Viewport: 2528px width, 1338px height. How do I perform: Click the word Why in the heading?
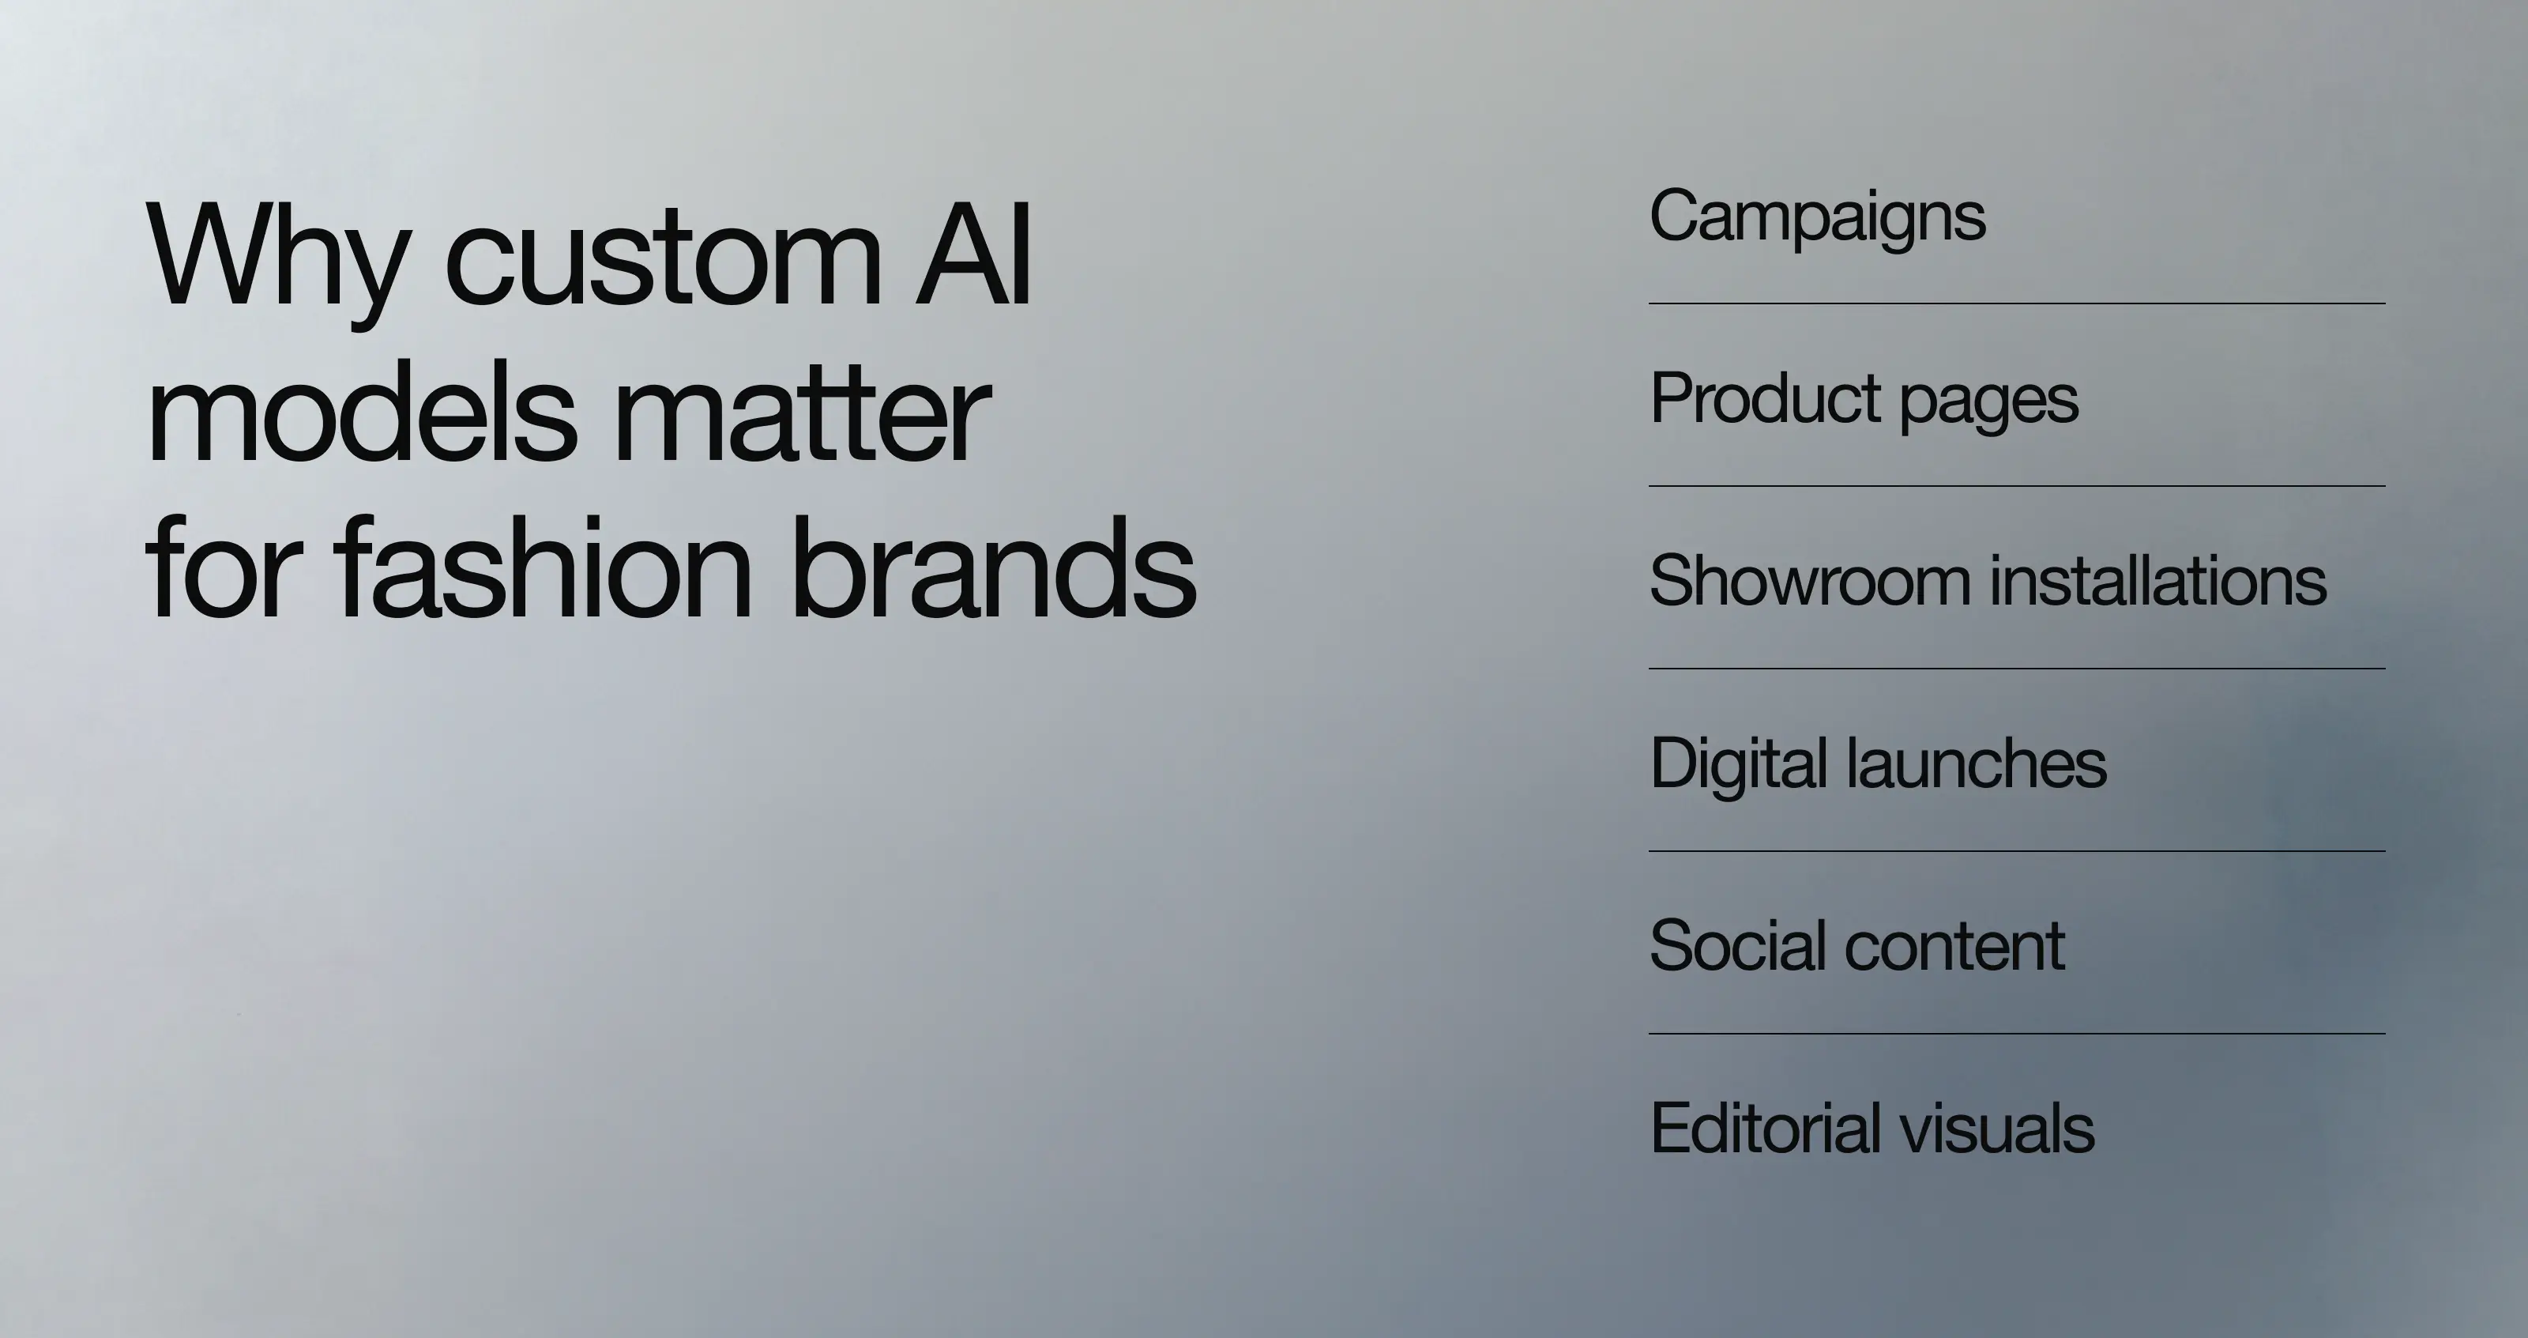pos(275,257)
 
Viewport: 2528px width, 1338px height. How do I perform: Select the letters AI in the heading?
pos(972,257)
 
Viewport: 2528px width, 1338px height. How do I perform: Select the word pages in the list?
pos(1988,402)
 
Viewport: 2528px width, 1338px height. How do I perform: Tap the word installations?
pos(2158,580)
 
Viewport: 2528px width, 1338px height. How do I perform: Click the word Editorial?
pos(1762,1128)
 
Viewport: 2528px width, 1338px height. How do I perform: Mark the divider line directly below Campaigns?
pos(2017,304)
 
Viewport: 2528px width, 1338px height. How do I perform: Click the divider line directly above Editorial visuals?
pos(2017,1034)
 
